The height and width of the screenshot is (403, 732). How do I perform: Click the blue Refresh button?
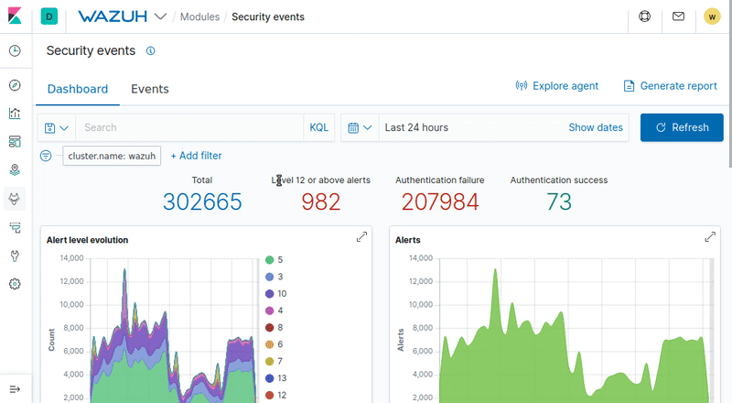point(682,127)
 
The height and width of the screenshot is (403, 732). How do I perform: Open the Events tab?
point(150,89)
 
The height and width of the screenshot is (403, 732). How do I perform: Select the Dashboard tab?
point(78,89)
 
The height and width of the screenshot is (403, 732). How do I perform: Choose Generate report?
point(670,86)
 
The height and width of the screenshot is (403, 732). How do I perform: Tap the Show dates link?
point(595,127)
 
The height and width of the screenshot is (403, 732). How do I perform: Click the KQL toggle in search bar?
point(318,127)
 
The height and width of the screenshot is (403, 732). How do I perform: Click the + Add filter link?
point(196,156)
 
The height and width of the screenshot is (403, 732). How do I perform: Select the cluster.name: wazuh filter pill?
point(113,157)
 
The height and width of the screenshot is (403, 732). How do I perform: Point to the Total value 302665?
point(202,201)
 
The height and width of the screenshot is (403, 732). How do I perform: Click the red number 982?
point(320,201)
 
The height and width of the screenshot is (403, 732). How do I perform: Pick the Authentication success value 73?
point(559,201)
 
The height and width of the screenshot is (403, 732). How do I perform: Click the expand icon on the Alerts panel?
point(710,237)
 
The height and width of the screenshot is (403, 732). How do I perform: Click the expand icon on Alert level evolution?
point(361,237)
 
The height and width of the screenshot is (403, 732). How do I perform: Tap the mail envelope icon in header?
point(678,16)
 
